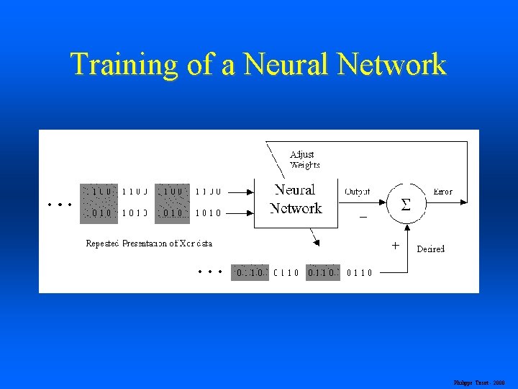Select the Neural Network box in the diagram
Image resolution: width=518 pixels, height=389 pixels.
[x=295, y=200]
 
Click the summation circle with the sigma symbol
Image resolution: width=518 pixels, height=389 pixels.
[x=406, y=205]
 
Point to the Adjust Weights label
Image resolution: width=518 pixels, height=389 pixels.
[x=303, y=159]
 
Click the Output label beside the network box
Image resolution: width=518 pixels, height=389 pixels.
[x=358, y=192]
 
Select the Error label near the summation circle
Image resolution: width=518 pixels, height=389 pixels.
[x=443, y=192]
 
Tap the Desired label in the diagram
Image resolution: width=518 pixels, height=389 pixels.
[x=431, y=249]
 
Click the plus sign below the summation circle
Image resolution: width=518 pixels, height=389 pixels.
[x=395, y=245]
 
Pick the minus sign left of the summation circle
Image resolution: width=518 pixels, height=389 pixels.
[x=363, y=215]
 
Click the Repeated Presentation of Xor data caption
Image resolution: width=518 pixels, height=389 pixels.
[x=149, y=243]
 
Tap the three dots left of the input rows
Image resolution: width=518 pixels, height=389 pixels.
[x=59, y=205]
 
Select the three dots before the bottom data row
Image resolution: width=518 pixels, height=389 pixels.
[x=209, y=272]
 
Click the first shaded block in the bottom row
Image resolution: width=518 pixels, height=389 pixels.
[x=249, y=273]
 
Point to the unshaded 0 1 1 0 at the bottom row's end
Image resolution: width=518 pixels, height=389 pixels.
[x=359, y=273]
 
